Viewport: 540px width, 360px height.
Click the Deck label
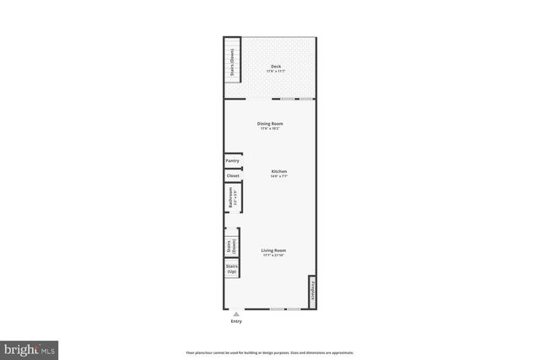pos(275,66)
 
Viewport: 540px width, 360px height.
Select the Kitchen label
pos(278,171)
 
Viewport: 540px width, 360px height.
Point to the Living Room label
pos(273,250)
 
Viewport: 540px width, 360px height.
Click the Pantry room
pos(232,160)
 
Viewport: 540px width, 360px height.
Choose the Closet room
pos(232,175)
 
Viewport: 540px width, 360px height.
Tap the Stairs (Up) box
pos(231,269)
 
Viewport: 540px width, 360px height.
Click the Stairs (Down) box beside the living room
pos(231,246)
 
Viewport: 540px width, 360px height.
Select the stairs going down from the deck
pos(231,62)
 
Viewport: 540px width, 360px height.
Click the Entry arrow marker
pos(235,314)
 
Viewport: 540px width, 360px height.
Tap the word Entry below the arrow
pos(235,322)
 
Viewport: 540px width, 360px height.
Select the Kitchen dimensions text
pos(278,176)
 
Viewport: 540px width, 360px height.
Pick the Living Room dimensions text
pos(273,255)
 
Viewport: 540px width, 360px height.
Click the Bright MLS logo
pos(30,347)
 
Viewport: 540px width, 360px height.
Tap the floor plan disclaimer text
pos(269,352)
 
